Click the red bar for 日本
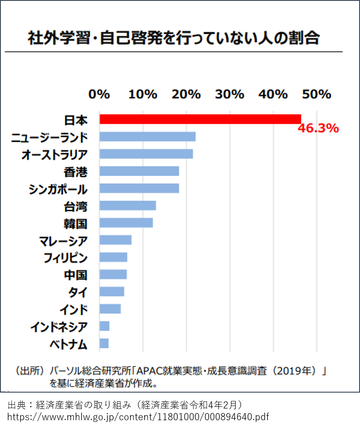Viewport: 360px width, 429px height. (200, 119)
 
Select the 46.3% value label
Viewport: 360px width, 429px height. (318, 128)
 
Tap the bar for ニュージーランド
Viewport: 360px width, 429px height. (147, 137)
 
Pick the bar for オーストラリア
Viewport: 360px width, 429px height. (146, 154)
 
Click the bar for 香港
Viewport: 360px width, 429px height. (139, 171)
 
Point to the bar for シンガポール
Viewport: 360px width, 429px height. (139, 188)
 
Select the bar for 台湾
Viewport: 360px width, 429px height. (128, 206)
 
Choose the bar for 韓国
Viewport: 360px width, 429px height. (126, 223)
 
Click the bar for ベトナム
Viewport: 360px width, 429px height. (104, 344)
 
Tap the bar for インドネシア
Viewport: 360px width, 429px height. (105, 326)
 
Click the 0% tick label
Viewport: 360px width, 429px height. (99, 94)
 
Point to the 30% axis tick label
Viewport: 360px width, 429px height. (230, 94)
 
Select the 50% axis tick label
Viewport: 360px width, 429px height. (317, 94)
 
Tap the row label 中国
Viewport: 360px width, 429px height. (76, 275)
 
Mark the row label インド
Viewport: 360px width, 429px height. (74, 310)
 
